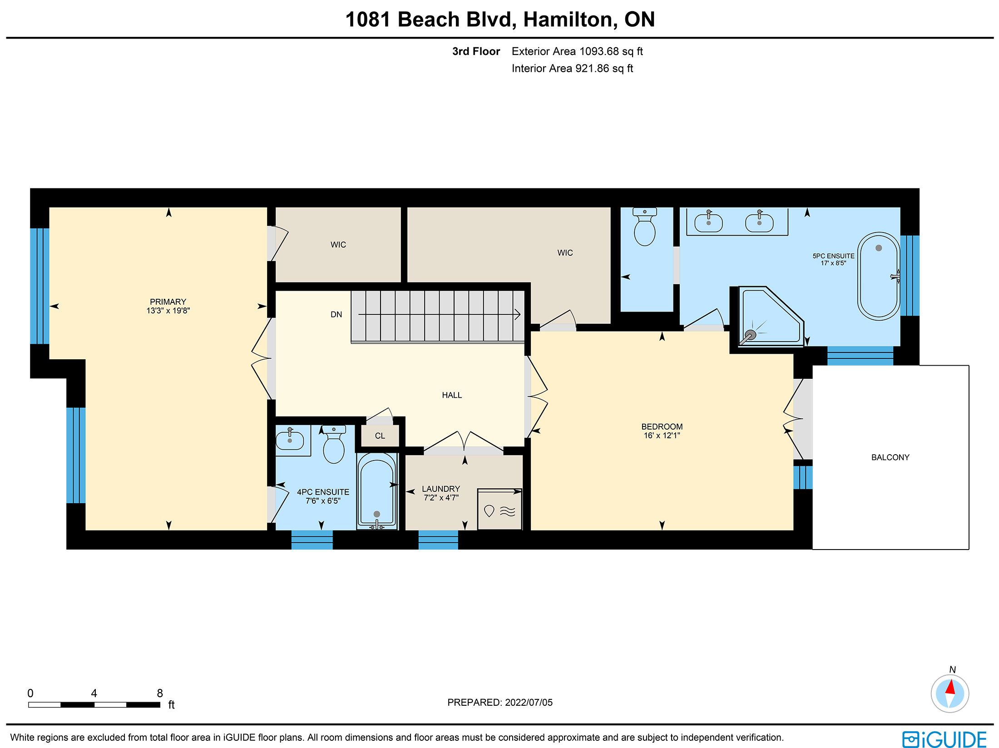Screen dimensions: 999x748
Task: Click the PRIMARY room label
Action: pos(168,302)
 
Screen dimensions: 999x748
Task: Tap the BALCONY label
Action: pos(890,457)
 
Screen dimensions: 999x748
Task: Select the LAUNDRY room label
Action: pos(441,489)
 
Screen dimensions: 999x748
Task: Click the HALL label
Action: pos(452,395)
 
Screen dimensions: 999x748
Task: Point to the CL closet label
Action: pos(380,436)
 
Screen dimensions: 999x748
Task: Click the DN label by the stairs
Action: pos(336,314)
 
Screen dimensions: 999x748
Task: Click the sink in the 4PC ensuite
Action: pos(290,438)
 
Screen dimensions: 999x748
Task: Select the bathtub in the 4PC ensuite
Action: pos(376,491)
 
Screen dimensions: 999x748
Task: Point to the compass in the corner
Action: pos(950,694)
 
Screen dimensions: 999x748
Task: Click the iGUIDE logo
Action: pos(945,739)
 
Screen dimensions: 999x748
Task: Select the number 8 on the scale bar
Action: pos(160,693)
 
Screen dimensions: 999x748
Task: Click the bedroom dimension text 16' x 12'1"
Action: pos(662,436)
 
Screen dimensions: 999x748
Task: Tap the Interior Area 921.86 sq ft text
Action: pos(572,69)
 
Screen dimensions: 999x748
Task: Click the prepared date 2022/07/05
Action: pos(529,703)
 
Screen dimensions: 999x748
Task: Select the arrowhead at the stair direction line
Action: pos(518,314)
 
